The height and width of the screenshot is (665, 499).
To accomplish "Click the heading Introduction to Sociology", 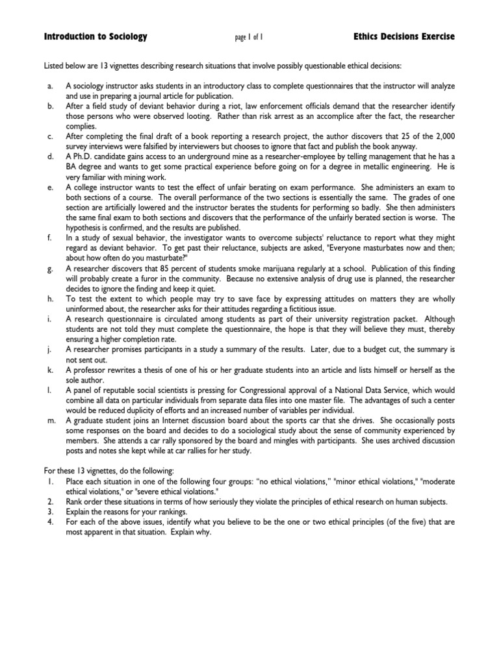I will tap(96, 37).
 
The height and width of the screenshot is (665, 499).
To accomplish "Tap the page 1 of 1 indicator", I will tap(249, 38).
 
